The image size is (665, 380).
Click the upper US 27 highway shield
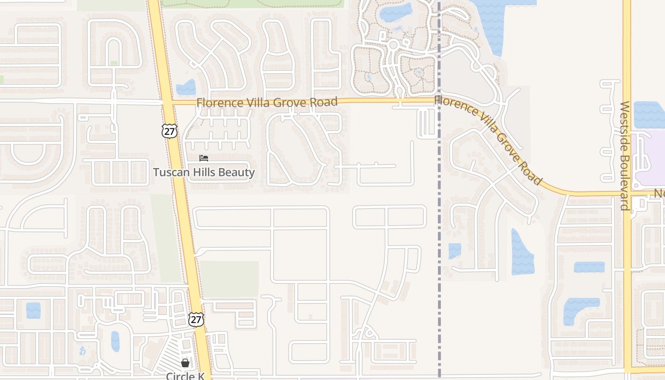click(x=169, y=131)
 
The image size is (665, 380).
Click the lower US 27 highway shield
click(x=196, y=319)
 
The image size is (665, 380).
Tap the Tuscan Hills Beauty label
click(x=204, y=172)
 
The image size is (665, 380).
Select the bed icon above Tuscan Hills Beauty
click(x=204, y=158)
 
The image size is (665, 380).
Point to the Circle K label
click(x=185, y=376)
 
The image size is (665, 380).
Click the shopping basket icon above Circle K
click(x=185, y=363)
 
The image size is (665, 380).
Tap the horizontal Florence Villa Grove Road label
click(x=267, y=102)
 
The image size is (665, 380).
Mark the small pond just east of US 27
click(x=186, y=88)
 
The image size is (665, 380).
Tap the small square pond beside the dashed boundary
click(x=455, y=250)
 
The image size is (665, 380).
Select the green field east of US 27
click(x=229, y=279)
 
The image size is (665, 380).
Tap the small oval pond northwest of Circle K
click(x=115, y=341)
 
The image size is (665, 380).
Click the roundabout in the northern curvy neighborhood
click(x=393, y=45)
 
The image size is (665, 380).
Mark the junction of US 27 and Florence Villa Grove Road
click(x=168, y=102)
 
